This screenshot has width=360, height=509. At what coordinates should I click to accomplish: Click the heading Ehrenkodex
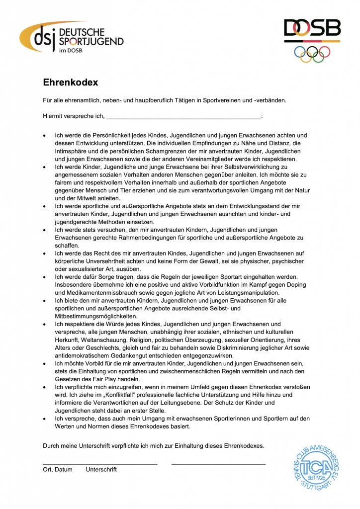coord(70,82)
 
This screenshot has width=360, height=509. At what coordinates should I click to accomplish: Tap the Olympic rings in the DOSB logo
coord(312,53)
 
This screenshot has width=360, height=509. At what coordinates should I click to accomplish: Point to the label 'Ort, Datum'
coord(58,470)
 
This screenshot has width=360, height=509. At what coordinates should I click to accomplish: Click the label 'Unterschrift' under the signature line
coord(101,470)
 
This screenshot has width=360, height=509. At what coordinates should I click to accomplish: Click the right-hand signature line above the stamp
coord(218,464)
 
